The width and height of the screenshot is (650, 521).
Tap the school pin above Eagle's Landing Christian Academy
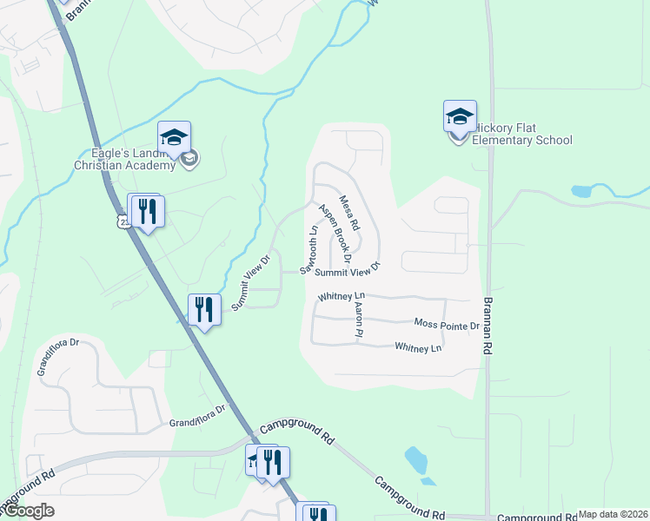[x=174, y=137]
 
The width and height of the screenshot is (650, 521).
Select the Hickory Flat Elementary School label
[x=521, y=140]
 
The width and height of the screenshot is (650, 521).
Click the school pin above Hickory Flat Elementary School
[x=460, y=115]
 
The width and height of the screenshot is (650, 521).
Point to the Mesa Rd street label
[x=349, y=209]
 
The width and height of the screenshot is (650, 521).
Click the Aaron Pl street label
[x=358, y=315]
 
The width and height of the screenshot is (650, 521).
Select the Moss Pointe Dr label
[x=447, y=325]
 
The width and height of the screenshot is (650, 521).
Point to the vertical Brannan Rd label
[x=488, y=321]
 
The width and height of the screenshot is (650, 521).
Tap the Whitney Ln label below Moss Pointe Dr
[x=418, y=348]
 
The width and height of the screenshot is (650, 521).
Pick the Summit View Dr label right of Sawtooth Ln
[x=348, y=272]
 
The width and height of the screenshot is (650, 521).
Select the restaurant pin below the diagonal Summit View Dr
[x=204, y=310]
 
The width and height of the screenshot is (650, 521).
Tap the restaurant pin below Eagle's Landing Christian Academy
[x=148, y=211]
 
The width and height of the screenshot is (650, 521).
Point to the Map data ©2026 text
[x=613, y=514]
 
